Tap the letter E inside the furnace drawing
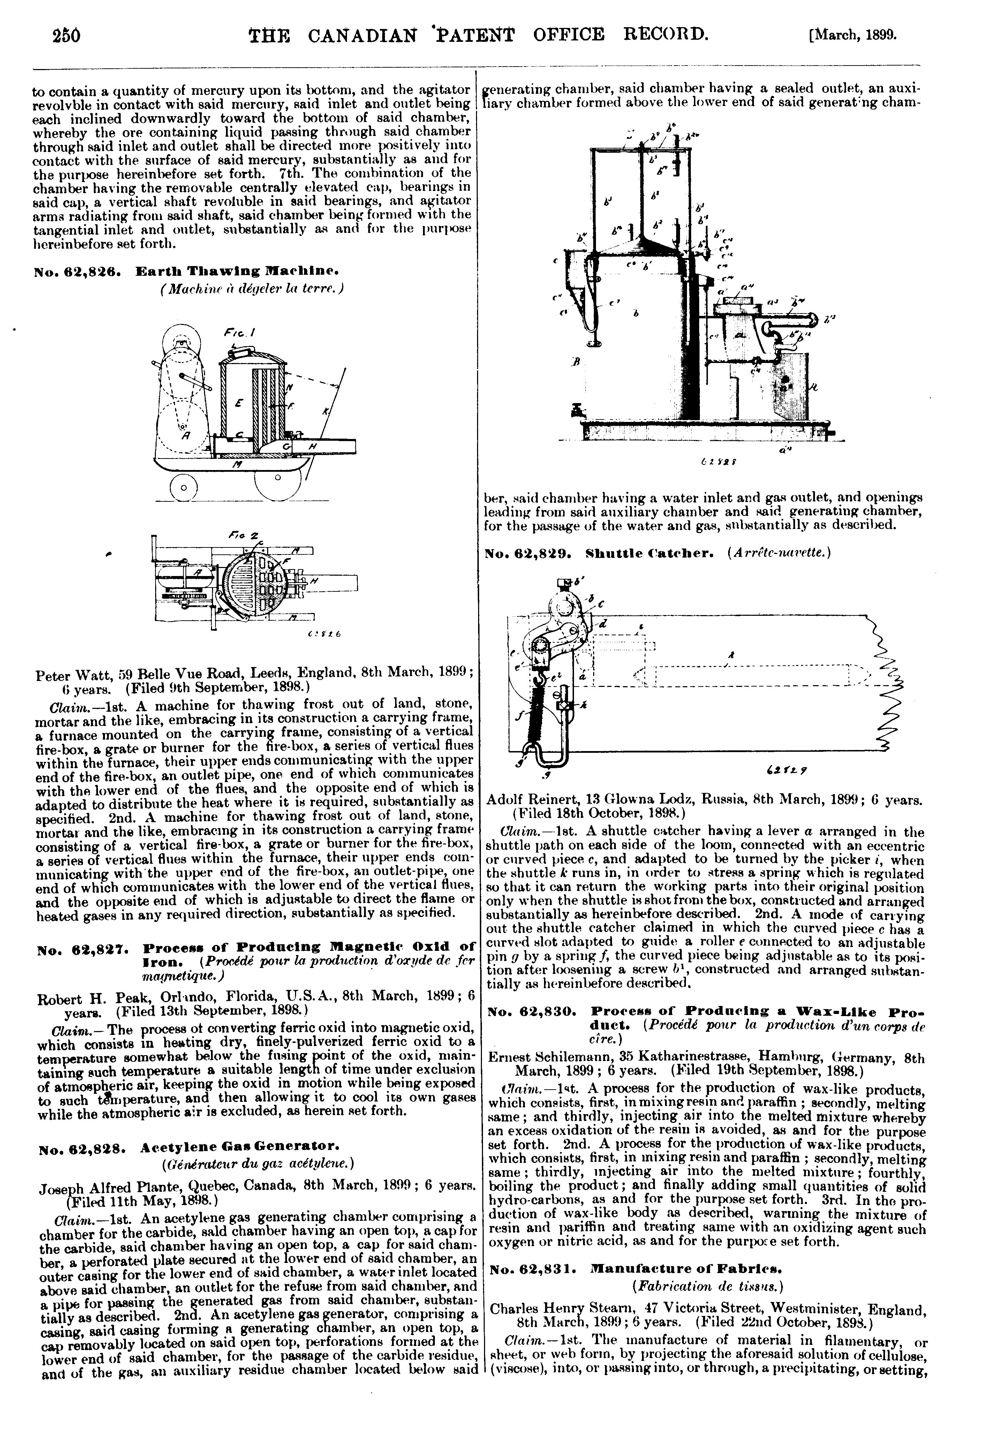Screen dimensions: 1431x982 [239, 403]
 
